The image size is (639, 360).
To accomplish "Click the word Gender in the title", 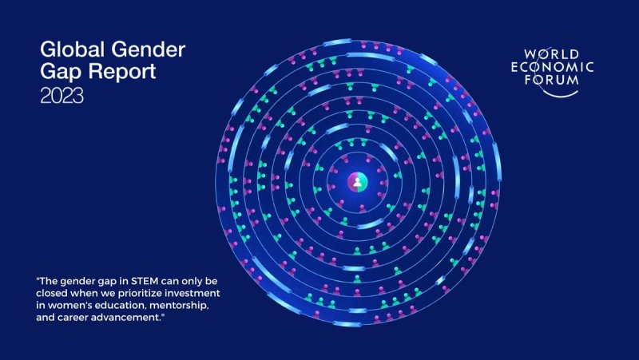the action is pos(149,49).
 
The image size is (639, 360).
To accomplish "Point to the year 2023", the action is pos(62,96).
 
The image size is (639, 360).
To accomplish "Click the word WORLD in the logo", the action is pos(551,54).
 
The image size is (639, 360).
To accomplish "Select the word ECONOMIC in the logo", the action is pos(552,67).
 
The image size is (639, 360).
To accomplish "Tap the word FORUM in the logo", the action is pos(551,79).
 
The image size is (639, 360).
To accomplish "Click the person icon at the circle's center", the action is pos(357,182).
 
